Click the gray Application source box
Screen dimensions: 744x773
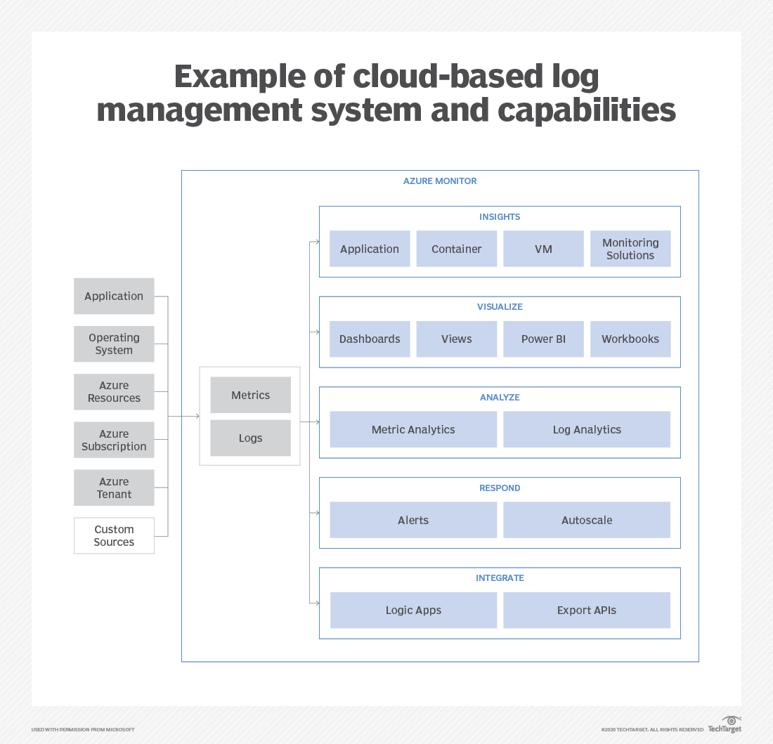pos(114,296)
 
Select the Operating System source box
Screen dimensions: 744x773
pos(114,344)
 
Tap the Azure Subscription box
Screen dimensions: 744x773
pos(114,440)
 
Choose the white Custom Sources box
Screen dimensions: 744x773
pos(114,535)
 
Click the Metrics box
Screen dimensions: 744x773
pos(250,395)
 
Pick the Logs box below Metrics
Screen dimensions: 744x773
pos(250,438)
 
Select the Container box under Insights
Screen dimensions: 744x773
pos(456,249)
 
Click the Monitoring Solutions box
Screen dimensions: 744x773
pos(630,249)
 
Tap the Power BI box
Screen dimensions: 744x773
pos(543,339)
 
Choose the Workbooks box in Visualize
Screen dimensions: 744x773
pos(630,339)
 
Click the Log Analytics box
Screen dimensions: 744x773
pos(587,429)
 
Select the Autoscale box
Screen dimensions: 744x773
pos(587,520)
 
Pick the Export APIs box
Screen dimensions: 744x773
pos(587,610)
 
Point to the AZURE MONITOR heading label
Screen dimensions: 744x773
pos(440,181)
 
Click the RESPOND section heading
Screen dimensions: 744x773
pos(500,488)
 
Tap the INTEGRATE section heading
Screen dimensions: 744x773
pos(500,577)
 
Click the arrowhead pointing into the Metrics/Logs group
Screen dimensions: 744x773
pos(196,416)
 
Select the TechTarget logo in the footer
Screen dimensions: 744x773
pos(725,725)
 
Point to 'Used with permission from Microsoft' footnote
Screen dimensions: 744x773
pos(83,729)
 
